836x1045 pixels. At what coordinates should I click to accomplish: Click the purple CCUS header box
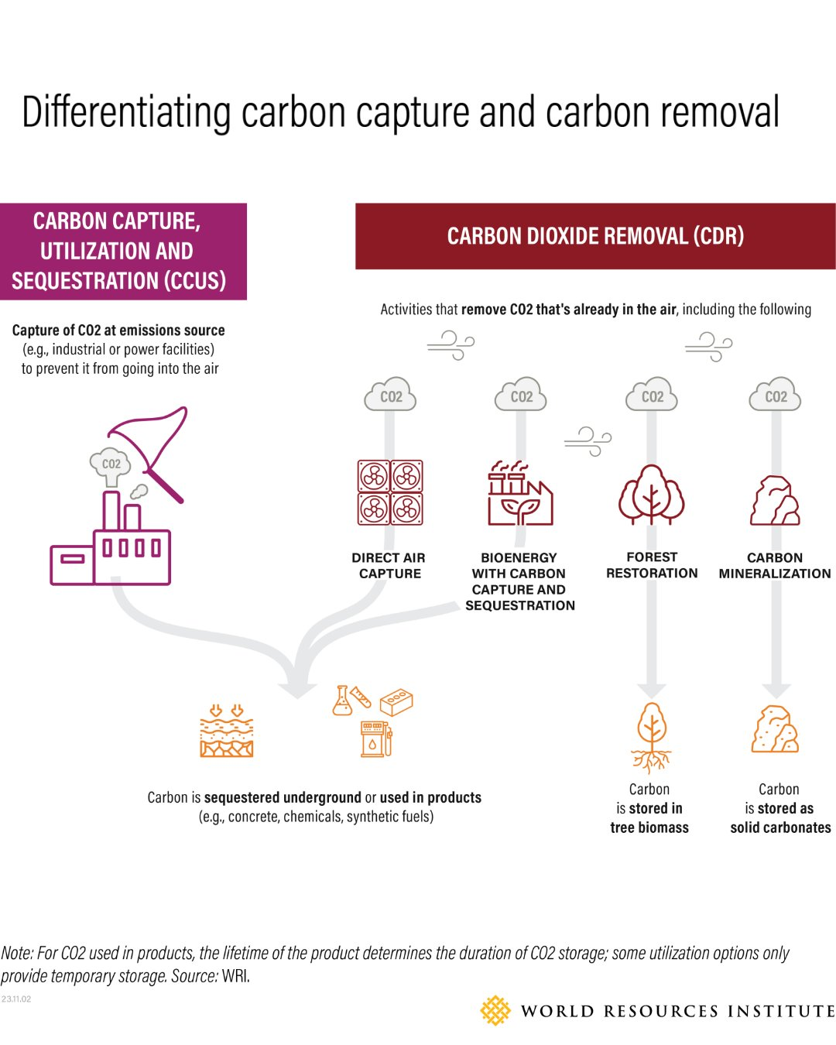pos(123,251)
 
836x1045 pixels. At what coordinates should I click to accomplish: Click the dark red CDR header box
pos(595,236)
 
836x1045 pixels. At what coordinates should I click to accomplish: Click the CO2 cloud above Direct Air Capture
pos(391,396)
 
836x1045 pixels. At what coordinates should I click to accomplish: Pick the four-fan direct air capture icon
pos(390,492)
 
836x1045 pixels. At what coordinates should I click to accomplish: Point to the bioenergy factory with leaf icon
pos(519,495)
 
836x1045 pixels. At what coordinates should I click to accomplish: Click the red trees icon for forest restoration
pos(652,495)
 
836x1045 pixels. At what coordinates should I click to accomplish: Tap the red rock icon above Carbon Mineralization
pos(775,502)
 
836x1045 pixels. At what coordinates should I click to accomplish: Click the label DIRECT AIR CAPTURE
pos(389,566)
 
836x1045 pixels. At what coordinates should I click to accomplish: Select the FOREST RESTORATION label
pos(652,565)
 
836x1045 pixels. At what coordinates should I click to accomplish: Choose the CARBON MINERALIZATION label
pos(775,566)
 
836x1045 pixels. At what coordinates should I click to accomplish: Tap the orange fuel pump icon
pos(376,738)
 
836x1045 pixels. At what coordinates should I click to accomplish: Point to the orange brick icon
pos(396,701)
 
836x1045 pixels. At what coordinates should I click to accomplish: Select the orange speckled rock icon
pos(775,729)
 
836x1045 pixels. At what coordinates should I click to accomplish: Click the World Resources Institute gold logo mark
pos(495,1011)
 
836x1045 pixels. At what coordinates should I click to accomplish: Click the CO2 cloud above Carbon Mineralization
pos(775,396)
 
